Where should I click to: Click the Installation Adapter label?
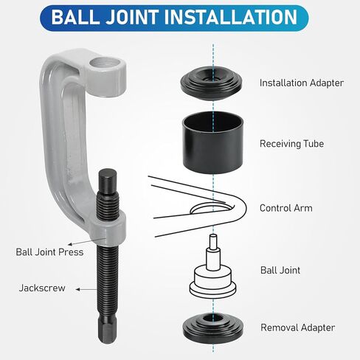(x=301, y=83)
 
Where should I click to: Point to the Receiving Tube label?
(x=291, y=145)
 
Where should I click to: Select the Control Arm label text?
(x=285, y=208)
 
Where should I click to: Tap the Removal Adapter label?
(x=297, y=327)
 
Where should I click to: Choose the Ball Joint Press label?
(x=49, y=252)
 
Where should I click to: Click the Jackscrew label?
(x=38, y=288)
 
